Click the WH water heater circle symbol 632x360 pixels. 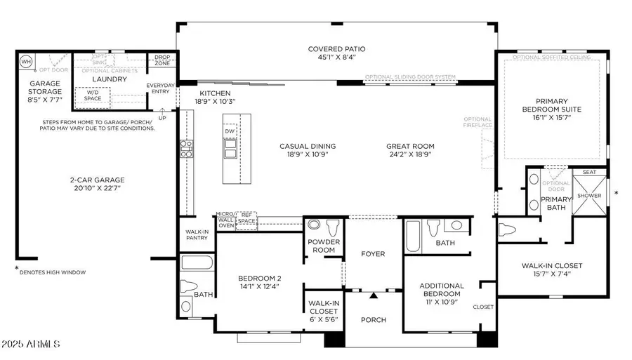[x=27, y=61]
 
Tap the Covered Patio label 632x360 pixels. [x=337, y=49]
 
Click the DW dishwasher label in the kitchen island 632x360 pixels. [x=230, y=131]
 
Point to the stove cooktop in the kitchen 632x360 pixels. [x=186, y=147]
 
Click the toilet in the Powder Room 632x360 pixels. [x=332, y=227]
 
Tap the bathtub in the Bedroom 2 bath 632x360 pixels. [x=197, y=263]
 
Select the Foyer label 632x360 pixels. [x=373, y=253]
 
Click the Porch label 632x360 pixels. [x=373, y=320]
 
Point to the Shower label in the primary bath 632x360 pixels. [x=589, y=196]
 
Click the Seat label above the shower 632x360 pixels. [x=588, y=172]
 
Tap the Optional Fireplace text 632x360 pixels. [x=477, y=122]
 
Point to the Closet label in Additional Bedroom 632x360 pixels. [x=483, y=307]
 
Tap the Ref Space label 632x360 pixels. [x=246, y=218]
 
